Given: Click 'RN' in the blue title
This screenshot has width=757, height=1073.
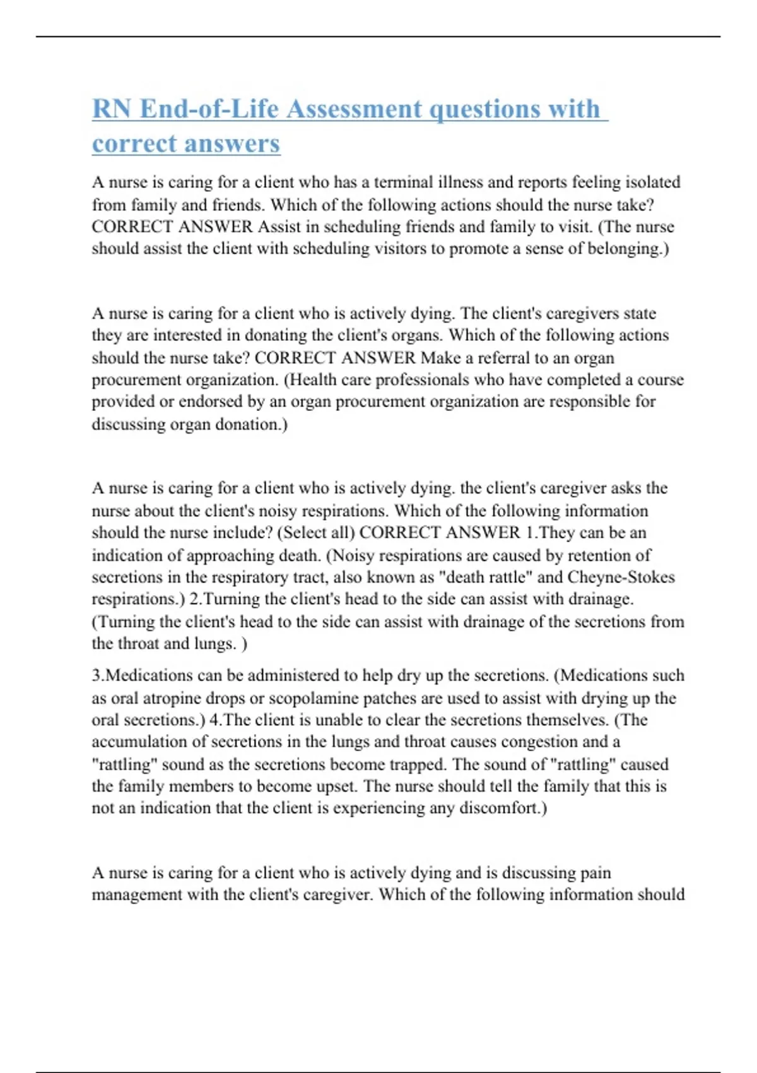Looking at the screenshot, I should pos(112,109).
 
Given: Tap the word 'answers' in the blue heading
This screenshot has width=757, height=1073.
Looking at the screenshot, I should pos(241,143).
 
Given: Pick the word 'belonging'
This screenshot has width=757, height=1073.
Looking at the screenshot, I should pos(623,249).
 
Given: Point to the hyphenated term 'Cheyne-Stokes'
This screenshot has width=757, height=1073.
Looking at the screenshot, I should pos(621,578).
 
